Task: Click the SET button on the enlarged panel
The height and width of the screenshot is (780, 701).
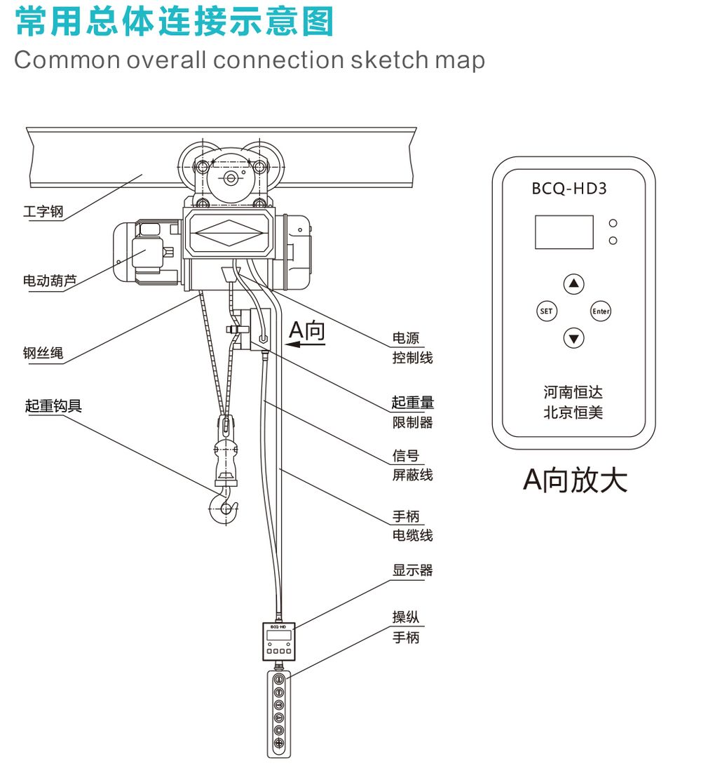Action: coord(546,311)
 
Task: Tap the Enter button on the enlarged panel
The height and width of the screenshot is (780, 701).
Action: coord(601,311)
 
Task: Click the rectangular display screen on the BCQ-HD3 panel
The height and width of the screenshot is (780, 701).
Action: coord(564,232)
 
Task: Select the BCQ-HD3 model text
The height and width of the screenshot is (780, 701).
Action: coord(569,189)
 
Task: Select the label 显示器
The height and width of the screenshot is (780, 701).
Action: coord(413,570)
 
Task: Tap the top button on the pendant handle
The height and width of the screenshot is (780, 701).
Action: coord(279,680)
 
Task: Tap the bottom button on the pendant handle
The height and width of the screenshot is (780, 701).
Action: coord(279,743)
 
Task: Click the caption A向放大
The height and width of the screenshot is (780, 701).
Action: coord(575,480)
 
